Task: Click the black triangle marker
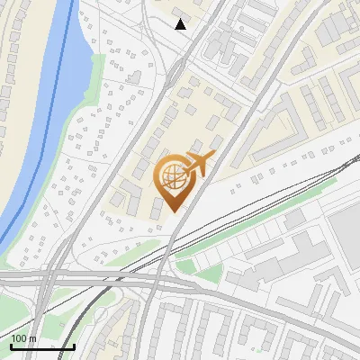pos(181,24)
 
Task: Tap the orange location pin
pos(173,180)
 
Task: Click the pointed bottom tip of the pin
pos(173,211)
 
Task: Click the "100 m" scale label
pos(23,338)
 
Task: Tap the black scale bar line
pos(42,346)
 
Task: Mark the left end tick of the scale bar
pos(11,345)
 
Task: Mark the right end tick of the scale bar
pos(74,345)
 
